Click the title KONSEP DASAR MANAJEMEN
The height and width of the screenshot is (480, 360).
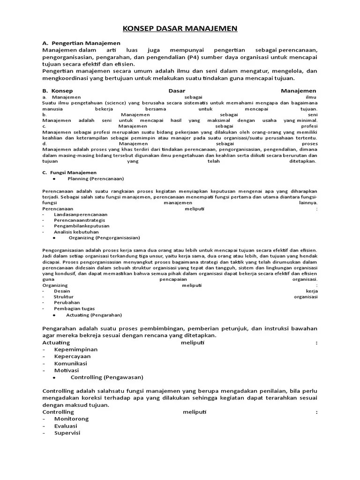tap(180, 29)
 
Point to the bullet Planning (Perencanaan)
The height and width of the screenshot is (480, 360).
tap(96, 179)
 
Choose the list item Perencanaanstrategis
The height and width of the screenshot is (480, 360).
tap(79, 220)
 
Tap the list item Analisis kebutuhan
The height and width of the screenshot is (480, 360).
tap(76, 232)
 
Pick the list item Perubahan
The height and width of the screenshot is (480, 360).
tap(67, 302)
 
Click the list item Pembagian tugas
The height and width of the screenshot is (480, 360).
tap(74, 308)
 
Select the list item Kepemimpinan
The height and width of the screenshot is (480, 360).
tap(76, 349)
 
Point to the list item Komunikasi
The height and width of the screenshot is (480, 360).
tap(71, 363)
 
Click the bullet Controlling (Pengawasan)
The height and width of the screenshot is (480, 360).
tap(107, 377)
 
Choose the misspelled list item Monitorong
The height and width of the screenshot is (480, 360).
tap(71, 419)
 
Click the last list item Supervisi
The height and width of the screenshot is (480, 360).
tap(67, 433)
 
